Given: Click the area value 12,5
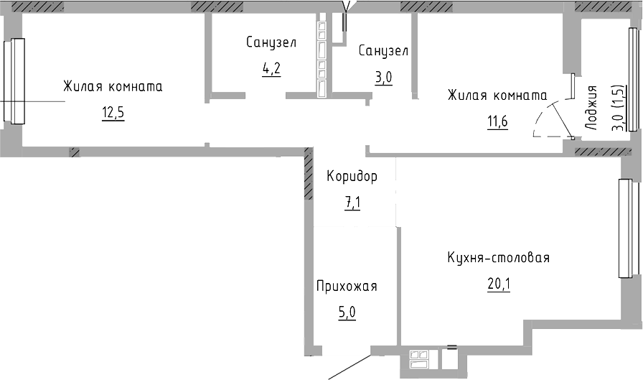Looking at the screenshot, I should click(x=113, y=113).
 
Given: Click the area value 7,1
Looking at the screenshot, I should click(x=352, y=203).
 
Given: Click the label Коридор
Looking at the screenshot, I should click(x=352, y=176).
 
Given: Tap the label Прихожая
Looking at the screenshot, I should click(x=347, y=287).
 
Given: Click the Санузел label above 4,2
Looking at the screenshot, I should click(x=271, y=43).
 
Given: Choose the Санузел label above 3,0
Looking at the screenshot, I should click(x=383, y=51).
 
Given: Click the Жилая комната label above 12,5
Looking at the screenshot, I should click(x=113, y=87).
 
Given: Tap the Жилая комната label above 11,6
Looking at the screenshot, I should click(x=497, y=95).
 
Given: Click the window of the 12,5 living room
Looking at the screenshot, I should click(x=14, y=80).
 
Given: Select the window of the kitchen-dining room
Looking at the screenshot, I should click(x=625, y=228).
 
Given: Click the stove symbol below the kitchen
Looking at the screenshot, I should click(x=418, y=357).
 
